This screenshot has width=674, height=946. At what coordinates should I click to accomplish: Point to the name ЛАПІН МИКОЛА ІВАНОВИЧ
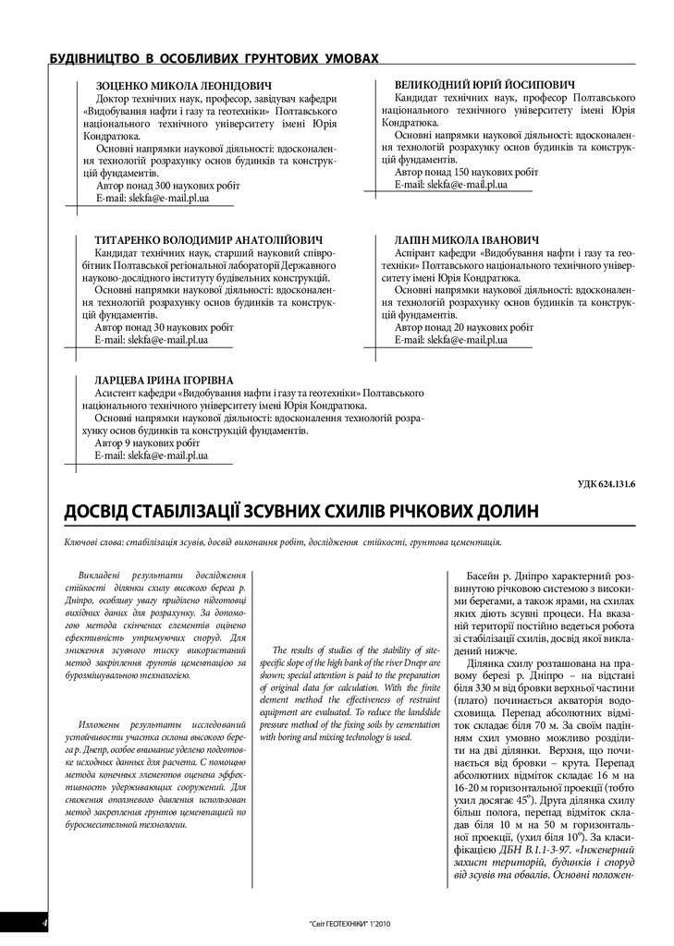click(467, 239)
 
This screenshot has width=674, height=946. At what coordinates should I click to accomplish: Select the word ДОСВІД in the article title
click(101, 512)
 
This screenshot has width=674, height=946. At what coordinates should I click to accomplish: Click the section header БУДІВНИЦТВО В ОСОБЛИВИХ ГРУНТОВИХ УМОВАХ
click(214, 58)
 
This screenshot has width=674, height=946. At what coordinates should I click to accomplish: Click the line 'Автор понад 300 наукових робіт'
click(167, 185)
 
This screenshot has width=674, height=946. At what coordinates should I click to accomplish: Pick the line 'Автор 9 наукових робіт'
click(148, 443)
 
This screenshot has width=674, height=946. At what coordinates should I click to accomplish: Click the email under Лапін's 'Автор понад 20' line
click(450, 340)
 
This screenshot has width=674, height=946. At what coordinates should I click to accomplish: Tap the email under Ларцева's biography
click(152, 455)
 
